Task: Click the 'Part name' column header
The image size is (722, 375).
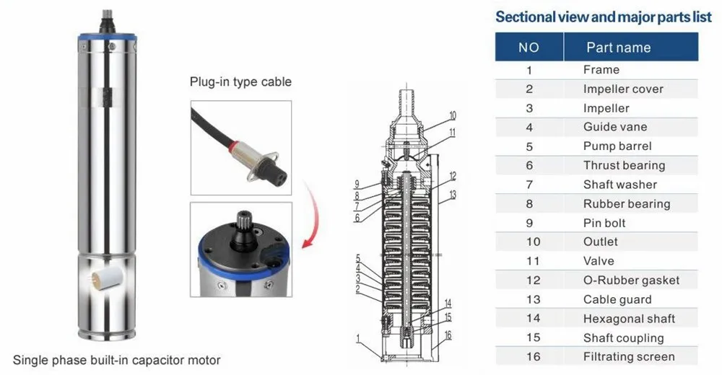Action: point(618,48)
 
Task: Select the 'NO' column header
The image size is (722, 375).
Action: point(529,48)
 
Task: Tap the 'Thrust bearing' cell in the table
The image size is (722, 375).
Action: point(624,165)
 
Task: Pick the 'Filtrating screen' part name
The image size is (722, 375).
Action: point(629,356)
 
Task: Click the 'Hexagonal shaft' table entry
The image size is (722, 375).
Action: point(629,318)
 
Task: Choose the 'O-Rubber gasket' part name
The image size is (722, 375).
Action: point(631,280)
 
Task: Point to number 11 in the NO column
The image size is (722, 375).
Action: point(529,261)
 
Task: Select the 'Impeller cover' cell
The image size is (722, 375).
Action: point(623,89)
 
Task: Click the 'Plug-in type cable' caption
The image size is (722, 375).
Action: point(240,81)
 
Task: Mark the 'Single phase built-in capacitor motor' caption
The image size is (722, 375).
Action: point(117,360)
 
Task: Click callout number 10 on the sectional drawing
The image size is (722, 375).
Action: point(452,115)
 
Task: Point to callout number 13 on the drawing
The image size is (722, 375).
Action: point(452,195)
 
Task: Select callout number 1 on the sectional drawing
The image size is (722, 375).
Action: point(357,337)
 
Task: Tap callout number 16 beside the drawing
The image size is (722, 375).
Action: point(448,335)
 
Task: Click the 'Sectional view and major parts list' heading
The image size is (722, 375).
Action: point(603,17)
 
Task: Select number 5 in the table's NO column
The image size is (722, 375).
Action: point(529,146)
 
